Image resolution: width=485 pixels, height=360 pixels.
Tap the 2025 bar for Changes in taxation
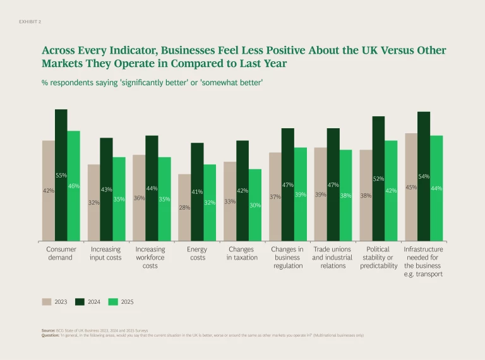(x=255, y=205)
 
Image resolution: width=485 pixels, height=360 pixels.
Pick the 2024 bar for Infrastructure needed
(x=424, y=176)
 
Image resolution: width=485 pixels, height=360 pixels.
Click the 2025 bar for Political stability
(x=391, y=190)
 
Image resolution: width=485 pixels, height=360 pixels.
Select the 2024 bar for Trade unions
(x=333, y=184)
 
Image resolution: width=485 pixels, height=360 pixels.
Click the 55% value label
(x=61, y=175)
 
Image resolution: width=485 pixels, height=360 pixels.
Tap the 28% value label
(x=184, y=207)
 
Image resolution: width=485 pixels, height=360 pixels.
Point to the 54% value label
(x=424, y=176)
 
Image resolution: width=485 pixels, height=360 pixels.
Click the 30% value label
(x=255, y=205)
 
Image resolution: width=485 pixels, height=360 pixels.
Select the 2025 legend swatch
(x=114, y=301)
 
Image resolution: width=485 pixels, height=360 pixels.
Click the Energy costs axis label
(x=197, y=253)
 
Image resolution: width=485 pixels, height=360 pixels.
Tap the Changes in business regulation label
(x=287, y=257)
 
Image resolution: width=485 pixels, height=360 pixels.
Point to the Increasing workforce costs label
(x=150, y=257)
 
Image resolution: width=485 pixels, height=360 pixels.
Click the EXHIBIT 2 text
(x=31, y=21)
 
